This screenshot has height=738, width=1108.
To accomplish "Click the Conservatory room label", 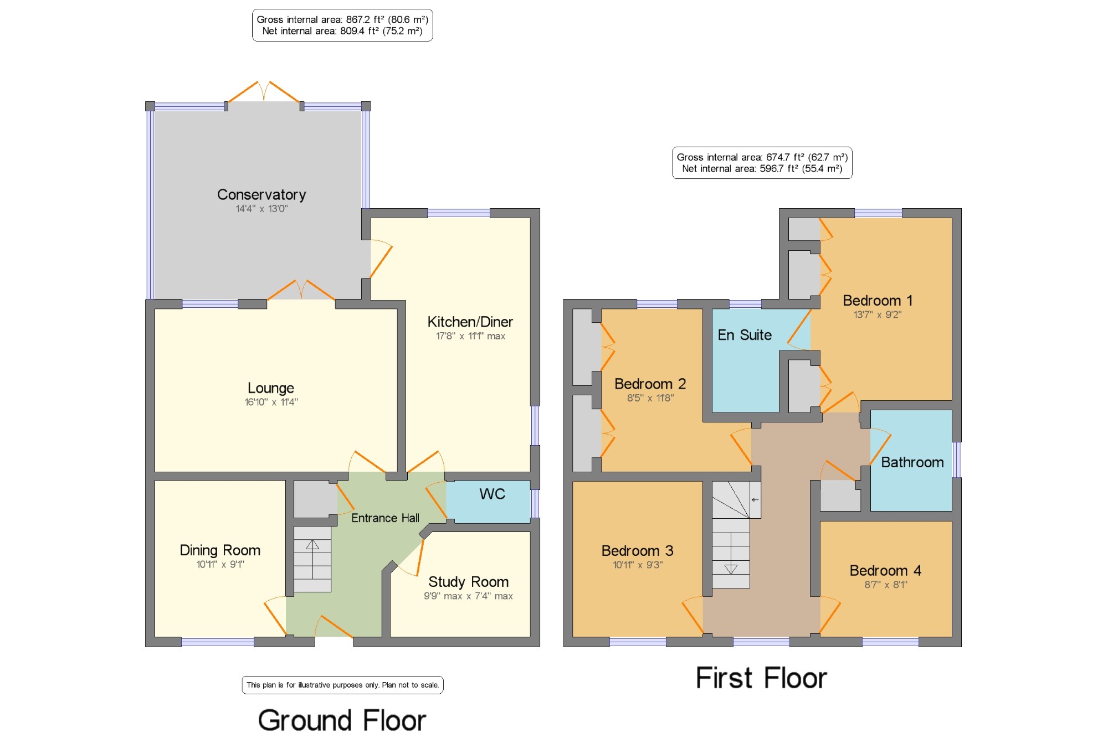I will (x=261, y=195).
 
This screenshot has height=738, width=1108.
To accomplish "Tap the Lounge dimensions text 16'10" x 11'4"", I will (x=271, y=402).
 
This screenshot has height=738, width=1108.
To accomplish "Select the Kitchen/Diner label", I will (x=470, y=322).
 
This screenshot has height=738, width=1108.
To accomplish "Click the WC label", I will (x=492, y=494).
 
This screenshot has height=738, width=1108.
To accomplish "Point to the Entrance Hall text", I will (x=385, y=518).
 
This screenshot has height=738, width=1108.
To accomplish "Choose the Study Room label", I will (x=468, y=582).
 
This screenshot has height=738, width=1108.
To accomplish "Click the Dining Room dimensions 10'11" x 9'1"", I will (x=220, y=564).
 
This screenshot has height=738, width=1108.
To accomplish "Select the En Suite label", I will (x=745, y=335).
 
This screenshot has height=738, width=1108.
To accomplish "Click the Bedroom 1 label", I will (x=877, y=301).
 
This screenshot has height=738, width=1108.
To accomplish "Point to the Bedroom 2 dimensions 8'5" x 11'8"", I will (x=650, y=398).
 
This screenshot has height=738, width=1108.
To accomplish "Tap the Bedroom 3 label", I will (x=637, y=551).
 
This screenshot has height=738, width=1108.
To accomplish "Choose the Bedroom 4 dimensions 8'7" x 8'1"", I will (x=885, y=584).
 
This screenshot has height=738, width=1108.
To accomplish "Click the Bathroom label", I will (x=912, y=462).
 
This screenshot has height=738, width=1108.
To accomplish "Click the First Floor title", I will (x=761, y=678).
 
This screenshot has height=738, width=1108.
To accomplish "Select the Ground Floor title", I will (x=342, y=720).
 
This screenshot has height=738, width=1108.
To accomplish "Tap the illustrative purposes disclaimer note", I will (x=342, y=685).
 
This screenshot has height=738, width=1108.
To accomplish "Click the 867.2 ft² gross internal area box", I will (x=342, y=25).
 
